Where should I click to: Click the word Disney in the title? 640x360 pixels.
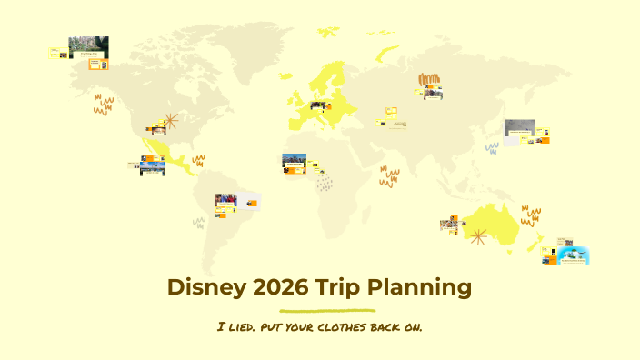click(200, 287)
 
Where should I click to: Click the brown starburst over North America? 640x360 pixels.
click(169, 122)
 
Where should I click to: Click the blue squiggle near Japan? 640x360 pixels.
click(492, 147)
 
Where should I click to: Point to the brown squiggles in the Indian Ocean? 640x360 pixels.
click(390, 175)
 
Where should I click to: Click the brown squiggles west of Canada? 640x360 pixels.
click(104, 105)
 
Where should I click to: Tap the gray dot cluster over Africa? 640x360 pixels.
click(325, 182)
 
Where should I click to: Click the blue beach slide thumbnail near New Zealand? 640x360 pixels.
click(573, 255)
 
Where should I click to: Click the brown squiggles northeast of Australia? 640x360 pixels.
click(531, 216)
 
